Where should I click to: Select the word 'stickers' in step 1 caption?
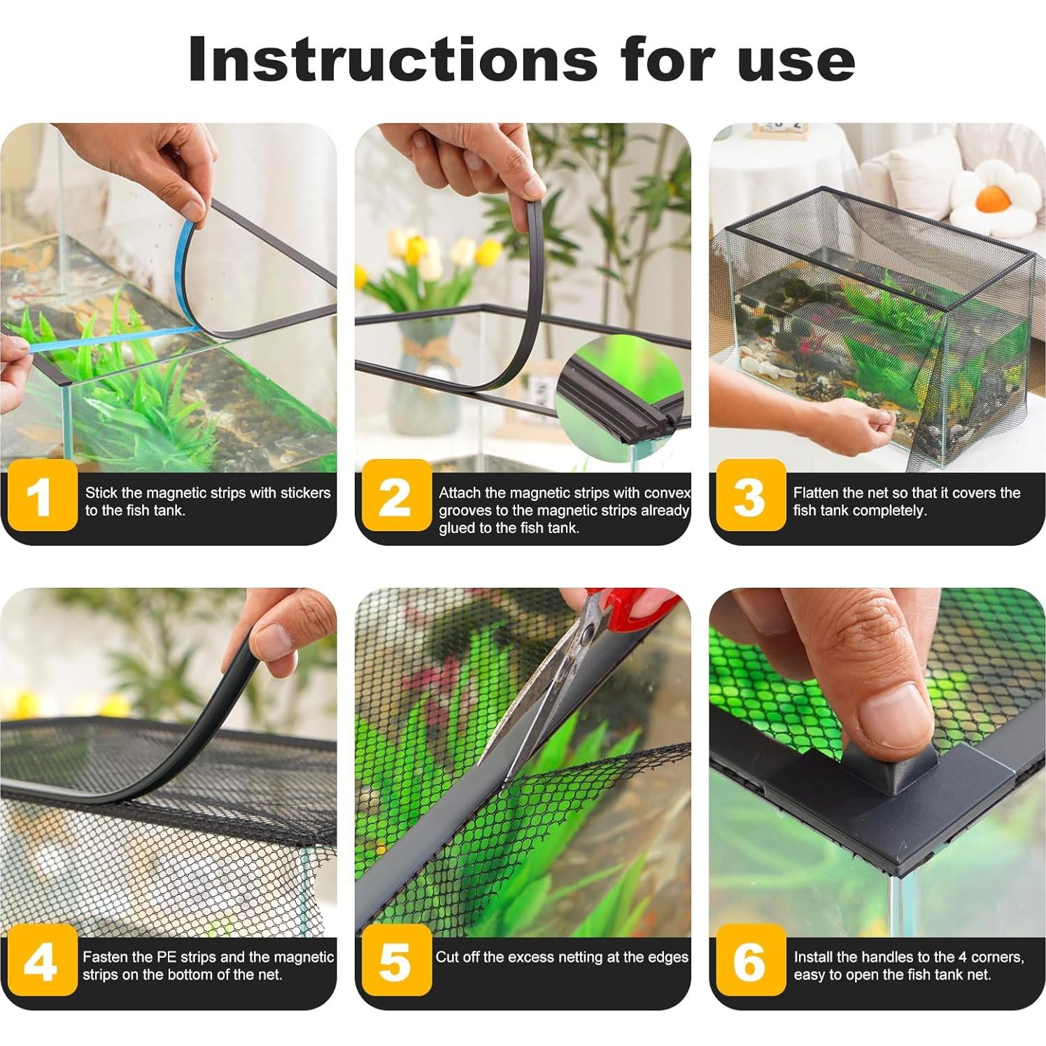click(x=305, y=493)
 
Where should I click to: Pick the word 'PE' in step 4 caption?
click(x=167, y=957)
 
